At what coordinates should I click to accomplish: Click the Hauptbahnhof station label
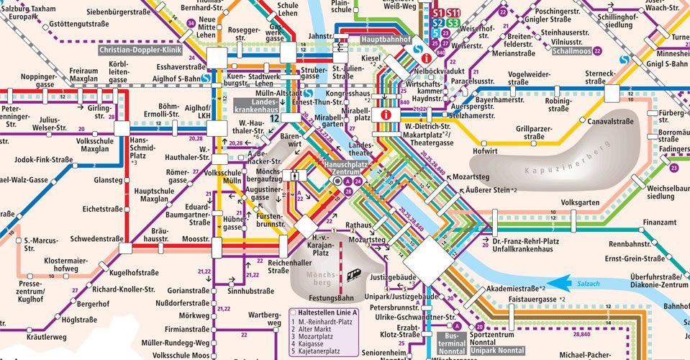(385, 40)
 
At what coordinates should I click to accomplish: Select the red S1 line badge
(438, 13)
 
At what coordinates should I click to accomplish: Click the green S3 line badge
(453, 23)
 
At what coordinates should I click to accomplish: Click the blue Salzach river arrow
(565, 283)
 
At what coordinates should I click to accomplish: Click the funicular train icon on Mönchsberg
(354, 274)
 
